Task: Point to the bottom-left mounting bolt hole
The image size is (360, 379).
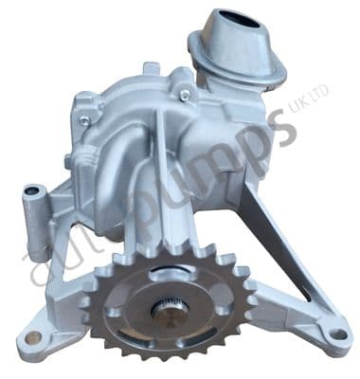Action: click(x=34, y=337)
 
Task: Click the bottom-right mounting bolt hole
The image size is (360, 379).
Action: click(x=333, y=333)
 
